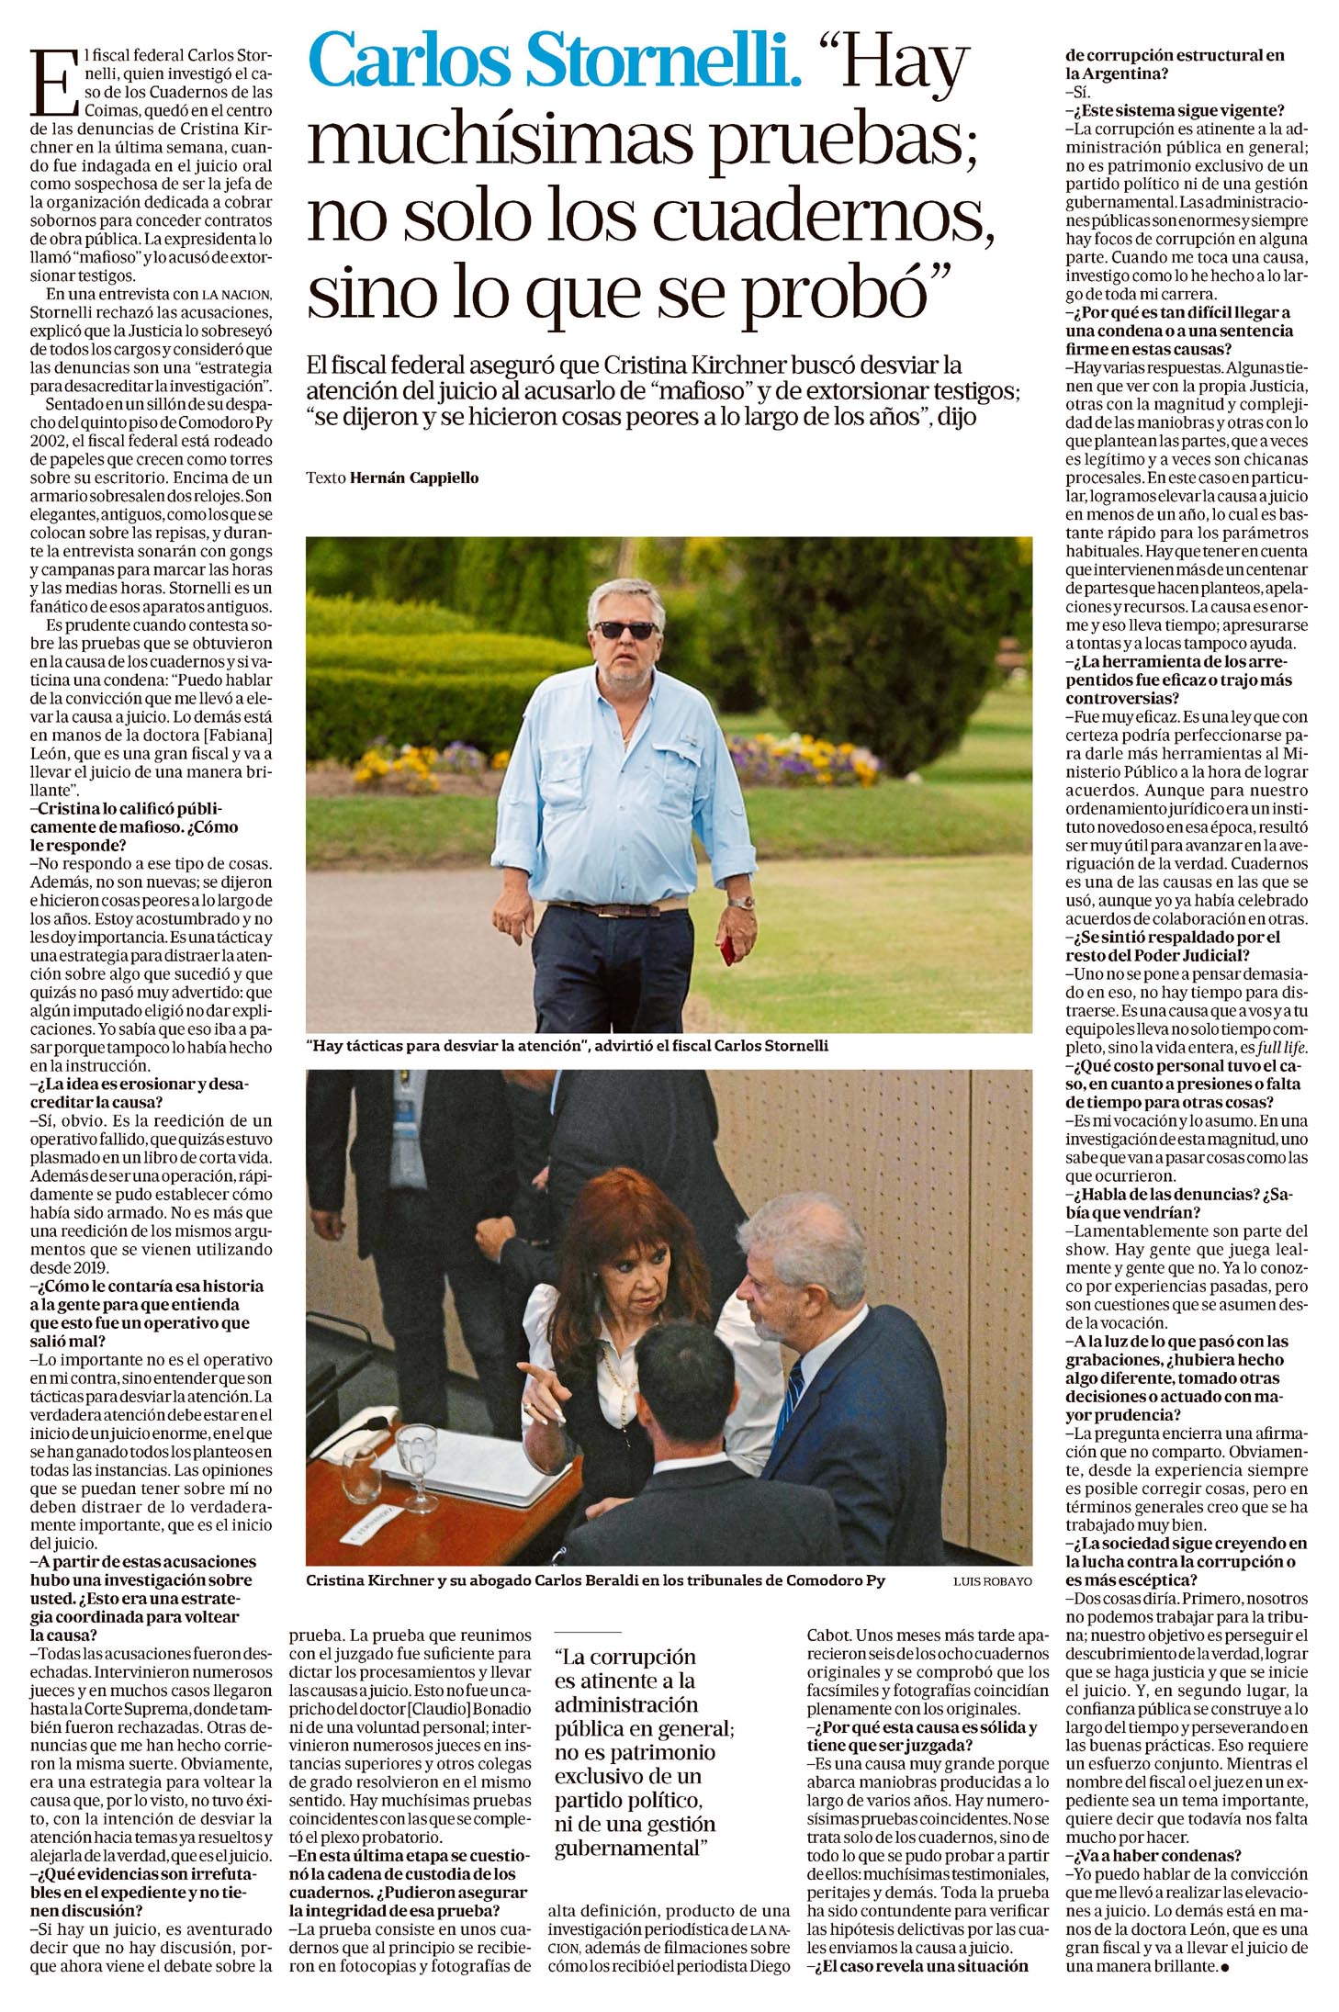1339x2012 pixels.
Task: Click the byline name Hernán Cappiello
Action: [414, 478]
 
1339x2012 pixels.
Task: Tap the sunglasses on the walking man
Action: [625, 629]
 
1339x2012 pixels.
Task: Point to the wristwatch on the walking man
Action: [742, 902]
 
